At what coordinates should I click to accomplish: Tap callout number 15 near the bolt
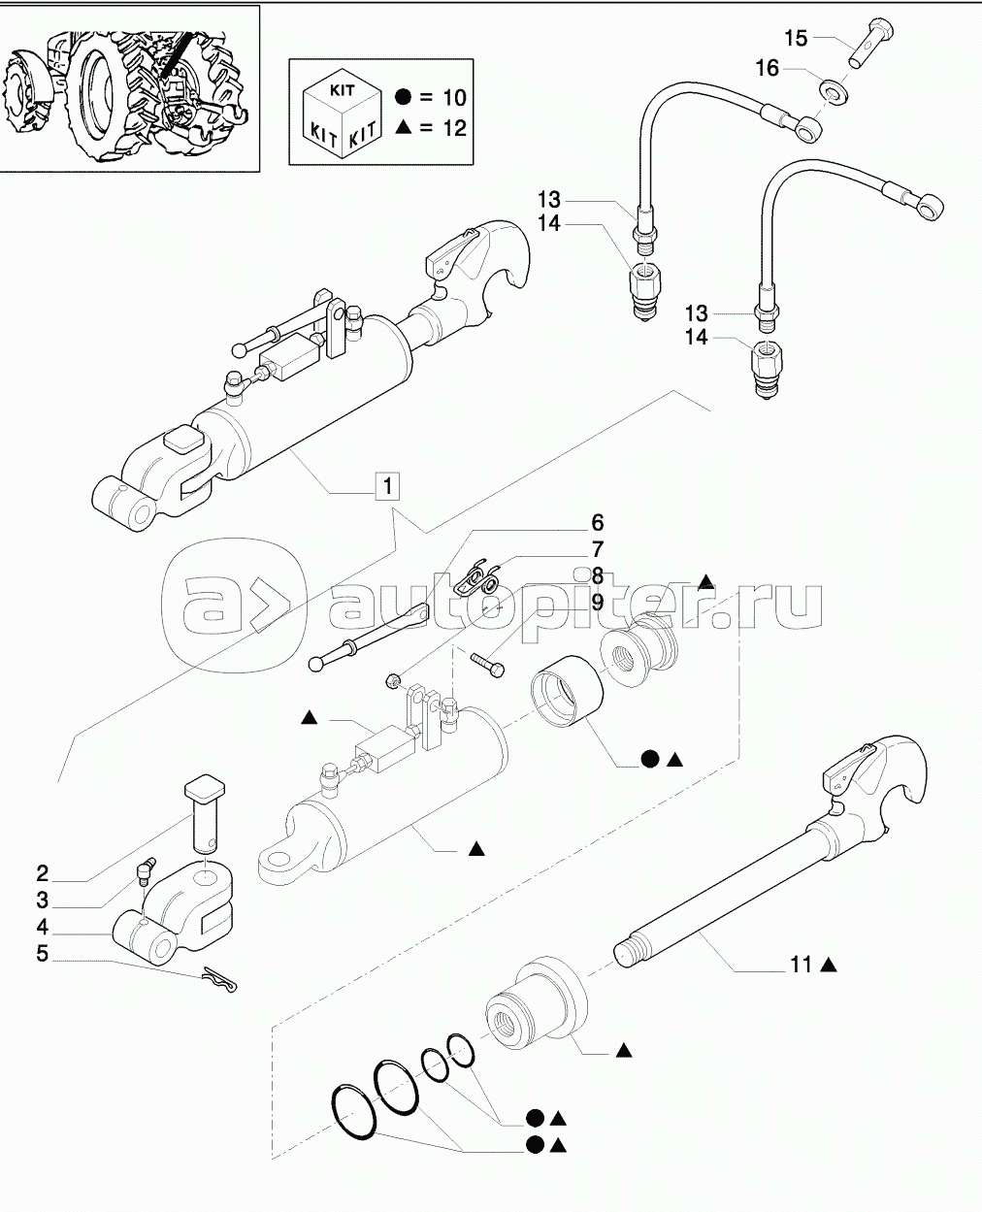tap(796, 38)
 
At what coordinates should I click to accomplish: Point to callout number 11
tap(801, 965)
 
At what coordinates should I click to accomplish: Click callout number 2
tap(43, 871)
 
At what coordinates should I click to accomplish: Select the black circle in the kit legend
tap(404, 98)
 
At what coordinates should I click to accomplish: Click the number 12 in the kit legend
tap(453, 128)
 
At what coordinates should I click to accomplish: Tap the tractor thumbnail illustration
tap(130, 88)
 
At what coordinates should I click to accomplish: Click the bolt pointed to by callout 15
tap(864, 43)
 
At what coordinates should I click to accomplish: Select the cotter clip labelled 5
tap(225, 981)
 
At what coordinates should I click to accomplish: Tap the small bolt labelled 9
tap(486, 663)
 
